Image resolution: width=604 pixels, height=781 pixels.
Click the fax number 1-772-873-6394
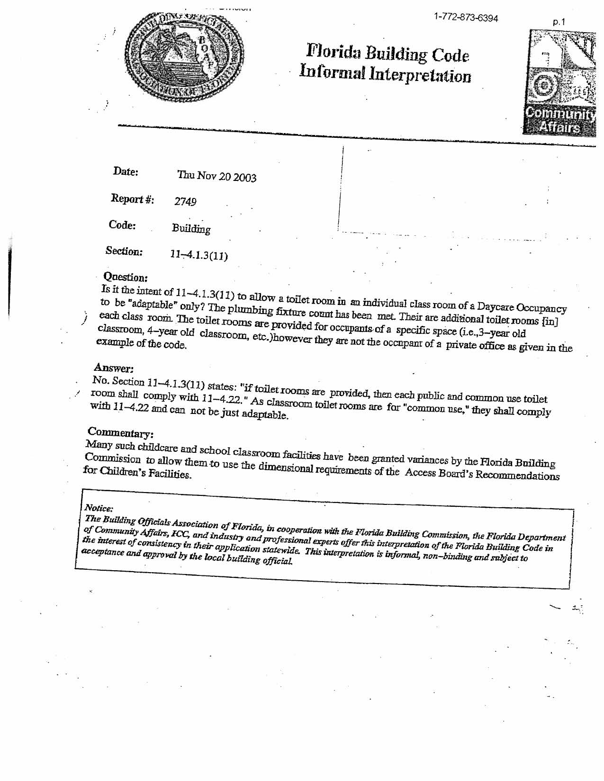click(x=466, y=18)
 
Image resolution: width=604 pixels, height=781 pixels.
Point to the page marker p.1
click(x=559, y=22)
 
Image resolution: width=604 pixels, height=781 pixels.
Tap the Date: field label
click(x=126, y=171)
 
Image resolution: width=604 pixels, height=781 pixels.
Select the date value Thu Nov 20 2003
click(x=216, y=177)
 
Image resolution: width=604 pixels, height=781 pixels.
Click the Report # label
click(x=132, y=199)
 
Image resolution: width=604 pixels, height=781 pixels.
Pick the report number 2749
click(x=185, y=202)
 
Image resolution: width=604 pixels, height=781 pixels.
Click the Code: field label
click(x=122, y=225)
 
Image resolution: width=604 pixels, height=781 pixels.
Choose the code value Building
click(x=191, y=229)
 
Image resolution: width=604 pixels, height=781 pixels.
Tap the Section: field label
click(x=124, y=251)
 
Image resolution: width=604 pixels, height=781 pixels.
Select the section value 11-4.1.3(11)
click(x=199, y=256)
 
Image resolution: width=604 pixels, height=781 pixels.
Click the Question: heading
click(x=126, y=277)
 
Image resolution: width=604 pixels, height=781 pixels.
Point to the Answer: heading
click(x=114, y=368)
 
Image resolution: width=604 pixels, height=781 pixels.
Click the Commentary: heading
click(x=120, y=432)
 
